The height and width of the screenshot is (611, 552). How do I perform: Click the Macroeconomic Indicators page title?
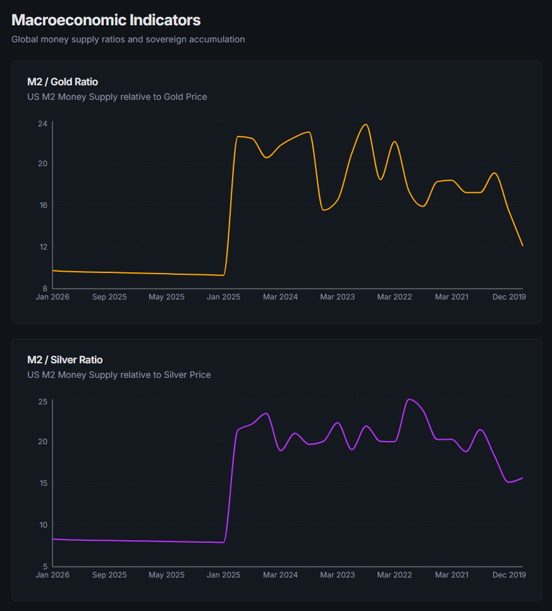click(x=106, y=20)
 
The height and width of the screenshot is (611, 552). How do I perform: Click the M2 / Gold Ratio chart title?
click(x=63, y=82)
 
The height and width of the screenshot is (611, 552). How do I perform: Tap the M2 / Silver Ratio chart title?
click(x=64, y=360)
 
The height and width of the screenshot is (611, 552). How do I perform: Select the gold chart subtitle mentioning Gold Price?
click(x=117, y=97)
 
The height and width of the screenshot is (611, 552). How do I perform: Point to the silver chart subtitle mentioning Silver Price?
click(x=119, y=375)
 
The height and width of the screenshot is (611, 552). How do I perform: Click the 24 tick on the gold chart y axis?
click(x=42, y=123)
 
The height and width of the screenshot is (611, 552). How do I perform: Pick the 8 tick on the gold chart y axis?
click(x=45, y=288)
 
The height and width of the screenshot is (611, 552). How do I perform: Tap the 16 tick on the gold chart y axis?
click(x=42, y=205)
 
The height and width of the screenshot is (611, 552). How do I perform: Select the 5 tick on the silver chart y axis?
click(x=45, y=566)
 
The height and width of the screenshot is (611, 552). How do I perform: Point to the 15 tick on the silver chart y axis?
click(x=42, y=483)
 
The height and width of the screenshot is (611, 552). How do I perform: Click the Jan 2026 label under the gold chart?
click(x=52, y=297)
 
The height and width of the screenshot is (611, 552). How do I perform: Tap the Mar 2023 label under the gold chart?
click(x=337, y=297)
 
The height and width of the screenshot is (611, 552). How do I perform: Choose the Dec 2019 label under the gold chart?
click(x=509, y=297)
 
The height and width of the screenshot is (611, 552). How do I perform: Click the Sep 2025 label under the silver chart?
click(x=109, y=575)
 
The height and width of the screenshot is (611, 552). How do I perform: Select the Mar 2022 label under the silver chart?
click(x=395, y=575)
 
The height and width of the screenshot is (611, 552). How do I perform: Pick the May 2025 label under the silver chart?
click(x=166, y=575)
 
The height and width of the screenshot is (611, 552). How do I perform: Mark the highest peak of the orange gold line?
click(x=365, y=124)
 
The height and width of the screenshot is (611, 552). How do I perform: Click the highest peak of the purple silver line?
click(x=409, y=399)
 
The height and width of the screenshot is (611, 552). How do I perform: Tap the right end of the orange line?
click(x=522, y=245)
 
